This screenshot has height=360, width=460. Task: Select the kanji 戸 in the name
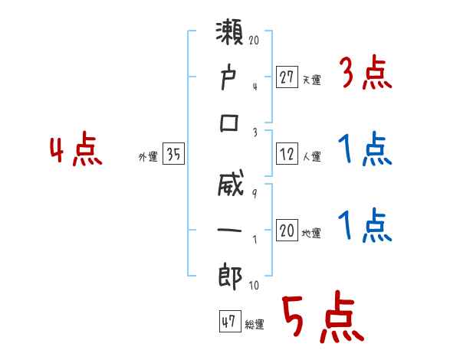tap(231, 78)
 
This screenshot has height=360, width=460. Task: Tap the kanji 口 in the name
tap(231, 123)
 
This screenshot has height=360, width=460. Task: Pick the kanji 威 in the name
tap(231, 188)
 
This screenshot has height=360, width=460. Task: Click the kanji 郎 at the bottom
tap(231, 277)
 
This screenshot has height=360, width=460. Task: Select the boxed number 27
tap(287, 77)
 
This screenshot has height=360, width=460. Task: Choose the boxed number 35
tap(174, 155)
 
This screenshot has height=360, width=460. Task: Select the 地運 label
tap(311, 234)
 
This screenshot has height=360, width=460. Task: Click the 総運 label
tap(255, 325)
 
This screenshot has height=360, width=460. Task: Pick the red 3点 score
tap(365, 75)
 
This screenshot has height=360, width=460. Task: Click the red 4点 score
tap(75, 150)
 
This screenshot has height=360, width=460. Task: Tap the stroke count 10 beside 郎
tap(254, 286)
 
